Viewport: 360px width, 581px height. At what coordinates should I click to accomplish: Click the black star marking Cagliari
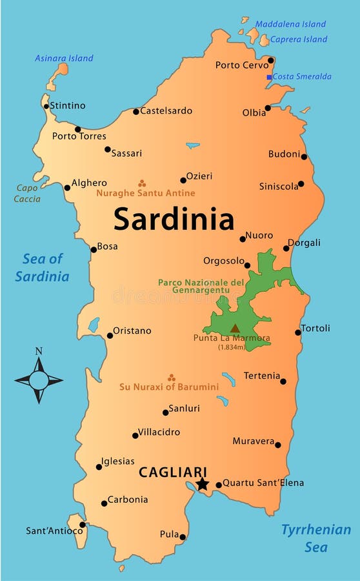pyautogui.click(x=203, y=484)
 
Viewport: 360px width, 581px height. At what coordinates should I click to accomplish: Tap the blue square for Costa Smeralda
pyautogui.click(x=270, y=77)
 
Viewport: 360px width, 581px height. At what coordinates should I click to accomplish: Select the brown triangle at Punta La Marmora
pyautogui.click(x=235, y=328)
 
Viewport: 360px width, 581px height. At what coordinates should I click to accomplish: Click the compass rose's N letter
pyautogui.click(x=39, y=351)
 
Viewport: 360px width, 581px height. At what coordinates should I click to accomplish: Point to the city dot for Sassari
pyautogui.click(x=108, y=149)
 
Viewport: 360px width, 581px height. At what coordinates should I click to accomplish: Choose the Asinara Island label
pyautogui.click(x=64, y=58)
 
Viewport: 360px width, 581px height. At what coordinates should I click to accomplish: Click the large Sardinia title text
pyautogui.click(x=174, y=219)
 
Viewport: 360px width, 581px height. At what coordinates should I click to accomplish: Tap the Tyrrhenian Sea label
pyautogui.click(x=316, y=538)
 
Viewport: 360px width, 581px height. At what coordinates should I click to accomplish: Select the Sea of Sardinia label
pyautogui.click(x=43, y=267)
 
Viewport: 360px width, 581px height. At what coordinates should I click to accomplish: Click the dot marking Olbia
pyautogui.click(x=268, y=108)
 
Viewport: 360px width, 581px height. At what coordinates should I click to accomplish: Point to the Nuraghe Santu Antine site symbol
pyautogui.click(x=142, y=183)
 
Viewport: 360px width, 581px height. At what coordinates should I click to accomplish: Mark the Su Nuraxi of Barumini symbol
pyautogui.click(x=171, y=378)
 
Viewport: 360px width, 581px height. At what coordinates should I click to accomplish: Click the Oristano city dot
pyautogui.click(x=110, y=335)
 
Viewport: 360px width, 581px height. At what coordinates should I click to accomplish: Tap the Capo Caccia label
pyautogui.click(x=27, y=194)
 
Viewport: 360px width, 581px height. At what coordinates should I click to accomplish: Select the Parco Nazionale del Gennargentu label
pyautogui.click(x=201, y=286)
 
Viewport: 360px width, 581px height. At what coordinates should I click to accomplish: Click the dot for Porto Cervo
pyautogui.click(x=271, y=60)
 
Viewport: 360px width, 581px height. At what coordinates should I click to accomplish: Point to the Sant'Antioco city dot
pyautogui.click(x=83, y=524)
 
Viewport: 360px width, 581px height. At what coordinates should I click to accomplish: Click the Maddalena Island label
pyautogui.click(x=290, y=25)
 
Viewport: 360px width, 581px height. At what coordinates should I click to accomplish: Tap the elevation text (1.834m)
pyautogui.click(x=231, y=347)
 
